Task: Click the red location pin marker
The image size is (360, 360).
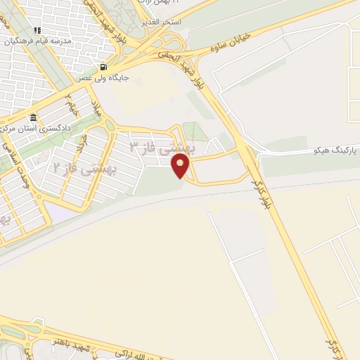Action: tap(181, 166)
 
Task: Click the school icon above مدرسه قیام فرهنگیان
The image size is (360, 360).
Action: tap(37, 30)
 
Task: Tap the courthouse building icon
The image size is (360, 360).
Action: tap(33, 117)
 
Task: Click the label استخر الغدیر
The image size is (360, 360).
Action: tap(161, 23)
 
